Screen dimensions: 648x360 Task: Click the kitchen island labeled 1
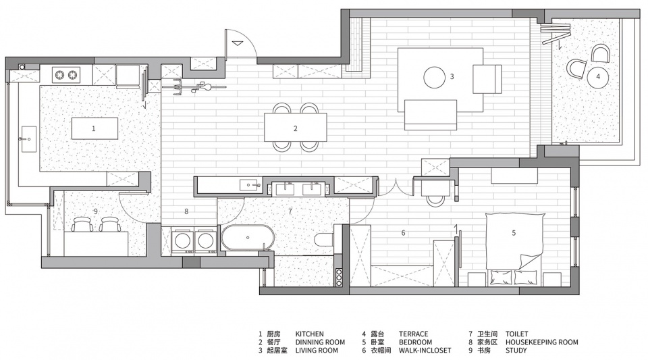pyautogui.click(x=94, y=128)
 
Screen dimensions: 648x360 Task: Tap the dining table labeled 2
pyautogui.click(x=296, y=127)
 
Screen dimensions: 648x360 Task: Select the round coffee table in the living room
pyautogui.click(x=435, y=77)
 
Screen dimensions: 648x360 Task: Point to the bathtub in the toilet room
pyautogui.click(x=248, y=238)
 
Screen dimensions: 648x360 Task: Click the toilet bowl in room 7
pyautogui.click(x=325, y=239)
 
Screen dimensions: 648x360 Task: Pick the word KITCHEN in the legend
pyautogui.click(x=310, y=334)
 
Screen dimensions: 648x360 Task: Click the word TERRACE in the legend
pyautogui.click(x=413, y=334)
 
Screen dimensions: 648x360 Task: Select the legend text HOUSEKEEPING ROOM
pyautogui.click(x=542, y=342)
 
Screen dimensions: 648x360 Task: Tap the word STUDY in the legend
pyautogui.click(x=516, y=351)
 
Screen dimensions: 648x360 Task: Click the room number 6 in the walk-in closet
pyautogui.click(x=404, y=233)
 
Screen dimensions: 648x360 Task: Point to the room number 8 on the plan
pyautogui.click(x=186, y=211)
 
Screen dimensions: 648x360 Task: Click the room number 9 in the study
pyautogui.click(x=96, y=211)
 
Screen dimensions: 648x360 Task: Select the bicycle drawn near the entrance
pyautogui.click(x=194, y=87)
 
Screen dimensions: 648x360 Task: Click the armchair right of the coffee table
pyautogui.click(x=487, y=79)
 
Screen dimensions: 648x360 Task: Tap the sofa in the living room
pyautogui.click(x=431, y=115)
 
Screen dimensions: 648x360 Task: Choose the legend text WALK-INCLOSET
pyautogui.click(x=425, y=351)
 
